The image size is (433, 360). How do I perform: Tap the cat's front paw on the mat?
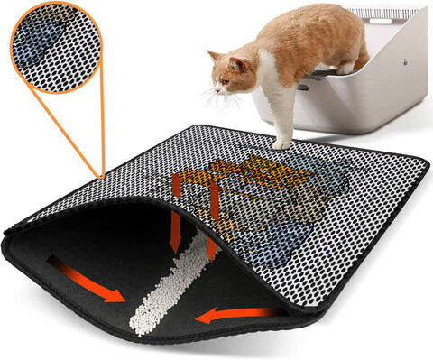282,142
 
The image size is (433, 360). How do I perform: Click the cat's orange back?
298,27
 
